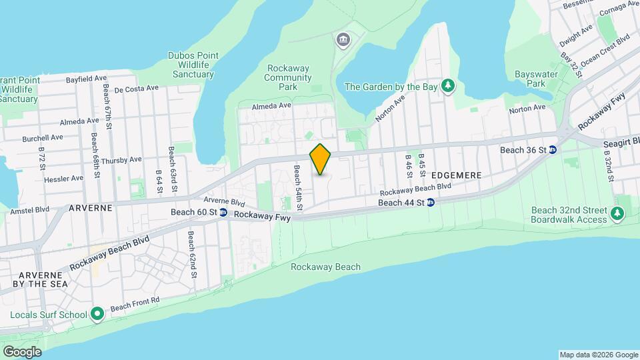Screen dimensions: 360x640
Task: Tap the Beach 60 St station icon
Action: point(223,213)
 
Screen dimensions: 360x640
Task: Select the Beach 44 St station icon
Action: point(431,202)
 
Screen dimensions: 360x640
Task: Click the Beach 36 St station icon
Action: point(552,150)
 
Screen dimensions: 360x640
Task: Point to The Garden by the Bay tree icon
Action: point(449,86)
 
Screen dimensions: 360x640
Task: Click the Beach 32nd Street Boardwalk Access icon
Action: point(619,214)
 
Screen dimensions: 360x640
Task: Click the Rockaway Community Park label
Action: point(289,77)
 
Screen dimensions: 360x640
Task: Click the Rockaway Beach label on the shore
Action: point(325,267)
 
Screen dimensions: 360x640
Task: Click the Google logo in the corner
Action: point(22,351)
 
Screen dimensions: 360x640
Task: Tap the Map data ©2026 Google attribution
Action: point(598,355)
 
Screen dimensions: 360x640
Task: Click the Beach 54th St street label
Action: point(298,189)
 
